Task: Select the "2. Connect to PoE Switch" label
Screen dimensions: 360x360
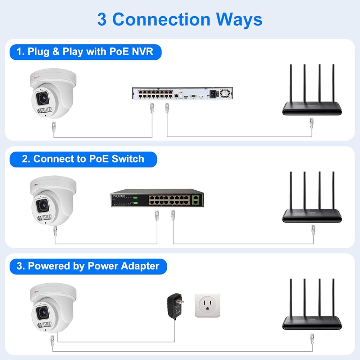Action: [83, 159]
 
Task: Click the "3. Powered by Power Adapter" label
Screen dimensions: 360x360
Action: [88, 266]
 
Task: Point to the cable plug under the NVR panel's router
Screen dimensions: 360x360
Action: [312, 123]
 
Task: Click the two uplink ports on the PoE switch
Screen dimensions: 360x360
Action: [196, 199]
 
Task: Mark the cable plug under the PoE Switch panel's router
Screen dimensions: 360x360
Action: [313, 229]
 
